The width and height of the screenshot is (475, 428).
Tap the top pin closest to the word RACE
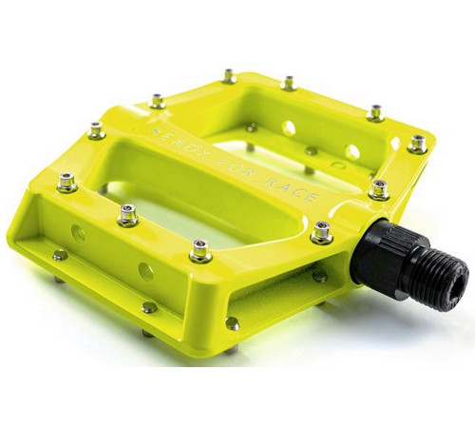coord(322,229)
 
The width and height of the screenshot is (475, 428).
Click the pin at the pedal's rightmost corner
coord(416,144)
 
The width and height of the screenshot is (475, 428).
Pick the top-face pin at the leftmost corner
coord(66,180)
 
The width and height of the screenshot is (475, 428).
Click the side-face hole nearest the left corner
coord(79,234)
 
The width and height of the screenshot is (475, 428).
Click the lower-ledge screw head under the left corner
coord(59,255)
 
